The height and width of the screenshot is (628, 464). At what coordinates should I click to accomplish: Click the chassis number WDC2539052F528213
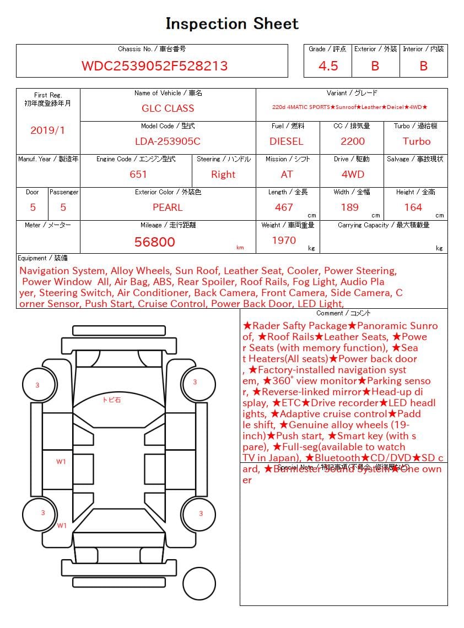pos(154,66)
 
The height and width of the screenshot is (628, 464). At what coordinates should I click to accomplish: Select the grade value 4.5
pos(328,66)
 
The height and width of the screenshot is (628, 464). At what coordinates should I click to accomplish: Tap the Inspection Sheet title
pos(232,24)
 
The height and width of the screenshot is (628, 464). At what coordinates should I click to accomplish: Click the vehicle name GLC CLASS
pos(168,108)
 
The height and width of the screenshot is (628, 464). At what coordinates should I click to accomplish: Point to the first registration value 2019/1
pos(47,130)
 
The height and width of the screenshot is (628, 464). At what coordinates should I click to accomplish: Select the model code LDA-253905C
pos(168,141)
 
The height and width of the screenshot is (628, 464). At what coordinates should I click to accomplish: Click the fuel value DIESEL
pos(286,141)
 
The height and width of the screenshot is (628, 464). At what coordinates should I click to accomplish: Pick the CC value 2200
pos(353,141)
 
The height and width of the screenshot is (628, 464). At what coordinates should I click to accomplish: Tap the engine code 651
pos(138,174)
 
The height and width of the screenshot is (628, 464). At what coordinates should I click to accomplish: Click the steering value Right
pos(223,174)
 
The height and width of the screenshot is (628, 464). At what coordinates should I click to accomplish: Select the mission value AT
pos(287,174)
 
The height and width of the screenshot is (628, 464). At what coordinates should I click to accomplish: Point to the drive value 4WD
pos(353,174)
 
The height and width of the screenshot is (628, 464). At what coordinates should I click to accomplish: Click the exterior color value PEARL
pos(168,207)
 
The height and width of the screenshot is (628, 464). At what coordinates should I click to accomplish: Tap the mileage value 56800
pos(155,242)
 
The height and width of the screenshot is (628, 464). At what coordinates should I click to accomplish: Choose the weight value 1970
pos(284,241)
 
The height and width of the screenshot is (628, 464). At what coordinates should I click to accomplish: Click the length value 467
pos(284,207)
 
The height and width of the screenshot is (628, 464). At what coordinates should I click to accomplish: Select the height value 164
pos(413,207)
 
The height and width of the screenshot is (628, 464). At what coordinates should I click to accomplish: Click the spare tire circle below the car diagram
pos(199,583)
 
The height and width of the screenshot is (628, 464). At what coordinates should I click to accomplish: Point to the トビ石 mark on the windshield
pos(111,400)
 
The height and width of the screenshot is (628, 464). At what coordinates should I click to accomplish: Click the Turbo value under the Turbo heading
pos(417,141)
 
